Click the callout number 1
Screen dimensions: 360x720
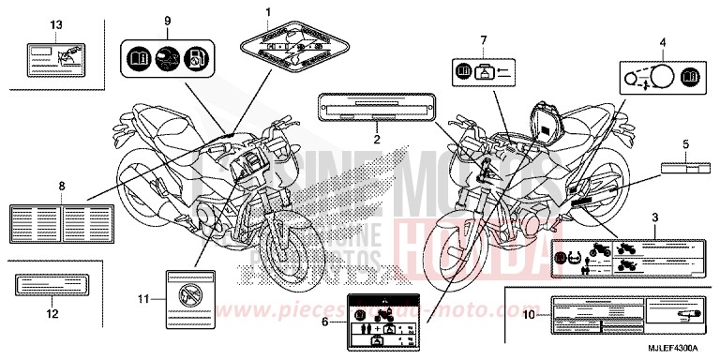tap(267, 11)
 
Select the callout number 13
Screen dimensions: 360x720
tap(30, 22)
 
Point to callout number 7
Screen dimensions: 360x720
tap(485, 39)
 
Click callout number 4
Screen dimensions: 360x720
tap(662, 42)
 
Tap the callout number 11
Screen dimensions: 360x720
tap(142, 299)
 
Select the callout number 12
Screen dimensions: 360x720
tap(50, 314)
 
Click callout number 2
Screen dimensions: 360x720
tap(377, 139)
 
